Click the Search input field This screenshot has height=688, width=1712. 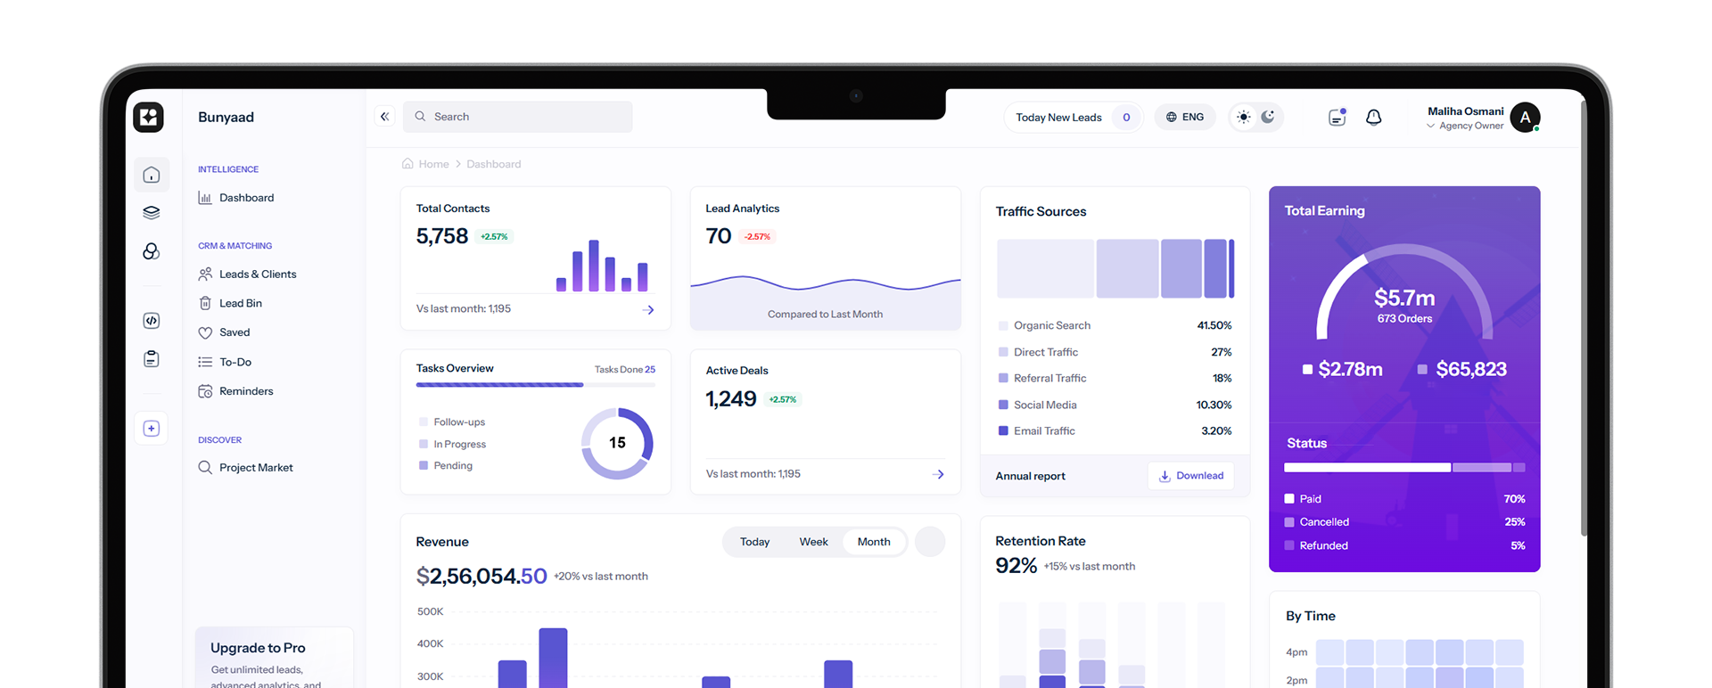(526, 117)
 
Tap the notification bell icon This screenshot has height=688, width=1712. (1373, 118)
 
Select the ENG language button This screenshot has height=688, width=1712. (1185, 117)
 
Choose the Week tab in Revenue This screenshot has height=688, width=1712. (813, 542)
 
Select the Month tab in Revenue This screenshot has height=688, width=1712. (874, 542)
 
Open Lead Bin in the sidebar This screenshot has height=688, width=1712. (241, 303)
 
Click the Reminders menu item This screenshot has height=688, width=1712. (246, 391)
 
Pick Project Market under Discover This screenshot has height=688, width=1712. (256, 468)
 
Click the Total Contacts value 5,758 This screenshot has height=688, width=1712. (442, 236)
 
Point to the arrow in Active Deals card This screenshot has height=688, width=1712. (938, 474)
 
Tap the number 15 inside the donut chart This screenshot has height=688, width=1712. (617, 443)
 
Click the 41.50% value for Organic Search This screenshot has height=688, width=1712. (1214, 325)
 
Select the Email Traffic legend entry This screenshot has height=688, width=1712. (1044, 431)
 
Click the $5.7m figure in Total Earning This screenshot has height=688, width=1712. (1404, 298)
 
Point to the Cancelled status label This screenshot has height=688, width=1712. (1324, 522)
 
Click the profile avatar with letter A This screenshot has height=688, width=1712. (1525, 117)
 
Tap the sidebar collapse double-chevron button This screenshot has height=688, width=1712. (385, 117)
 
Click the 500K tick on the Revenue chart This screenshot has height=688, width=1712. (430, 611)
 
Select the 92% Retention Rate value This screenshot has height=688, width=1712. (1016, 566)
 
